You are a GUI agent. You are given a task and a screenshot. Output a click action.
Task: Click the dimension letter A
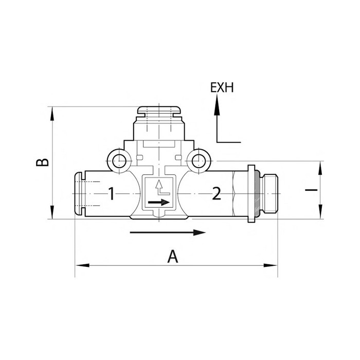tap(174, 256)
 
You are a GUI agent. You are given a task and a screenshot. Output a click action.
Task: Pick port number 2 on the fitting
tap(217, 194)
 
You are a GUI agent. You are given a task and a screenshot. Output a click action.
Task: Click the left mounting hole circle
tap(119, 161)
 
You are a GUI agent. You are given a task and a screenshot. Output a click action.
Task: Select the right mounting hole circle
tap(198, 161)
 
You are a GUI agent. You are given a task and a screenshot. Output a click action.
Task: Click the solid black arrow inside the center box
tap(157, 203)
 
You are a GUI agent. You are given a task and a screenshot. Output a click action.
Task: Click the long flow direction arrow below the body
tap(167, 233)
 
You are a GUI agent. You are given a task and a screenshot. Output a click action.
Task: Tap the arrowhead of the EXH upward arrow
tap(217, 106)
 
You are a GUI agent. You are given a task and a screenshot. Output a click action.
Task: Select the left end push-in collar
tap(79, 194)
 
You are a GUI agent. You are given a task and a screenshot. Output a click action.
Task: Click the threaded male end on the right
tap(268, 194)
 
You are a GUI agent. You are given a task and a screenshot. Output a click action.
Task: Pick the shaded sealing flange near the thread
tap(251, 194)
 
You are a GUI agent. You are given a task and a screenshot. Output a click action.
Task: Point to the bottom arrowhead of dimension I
tap(320, 212)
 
